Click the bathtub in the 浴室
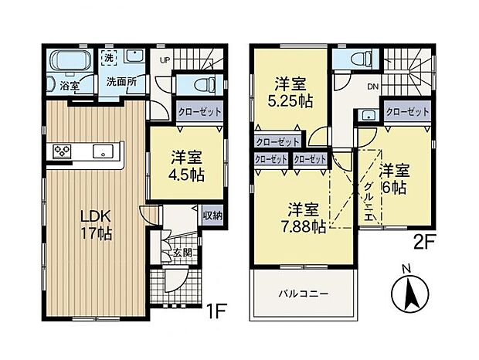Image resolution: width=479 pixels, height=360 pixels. coord(66,61)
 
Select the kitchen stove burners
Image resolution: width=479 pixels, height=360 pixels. coord(63,151)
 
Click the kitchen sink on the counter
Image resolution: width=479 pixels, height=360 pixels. coord(101,151)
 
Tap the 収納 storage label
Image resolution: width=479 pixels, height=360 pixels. coord(213,216)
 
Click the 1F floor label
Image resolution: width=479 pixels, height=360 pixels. coord(216,312)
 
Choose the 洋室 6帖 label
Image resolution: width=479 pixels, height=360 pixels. coord(394,178)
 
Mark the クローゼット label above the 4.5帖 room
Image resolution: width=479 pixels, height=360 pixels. coord(200,112)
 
